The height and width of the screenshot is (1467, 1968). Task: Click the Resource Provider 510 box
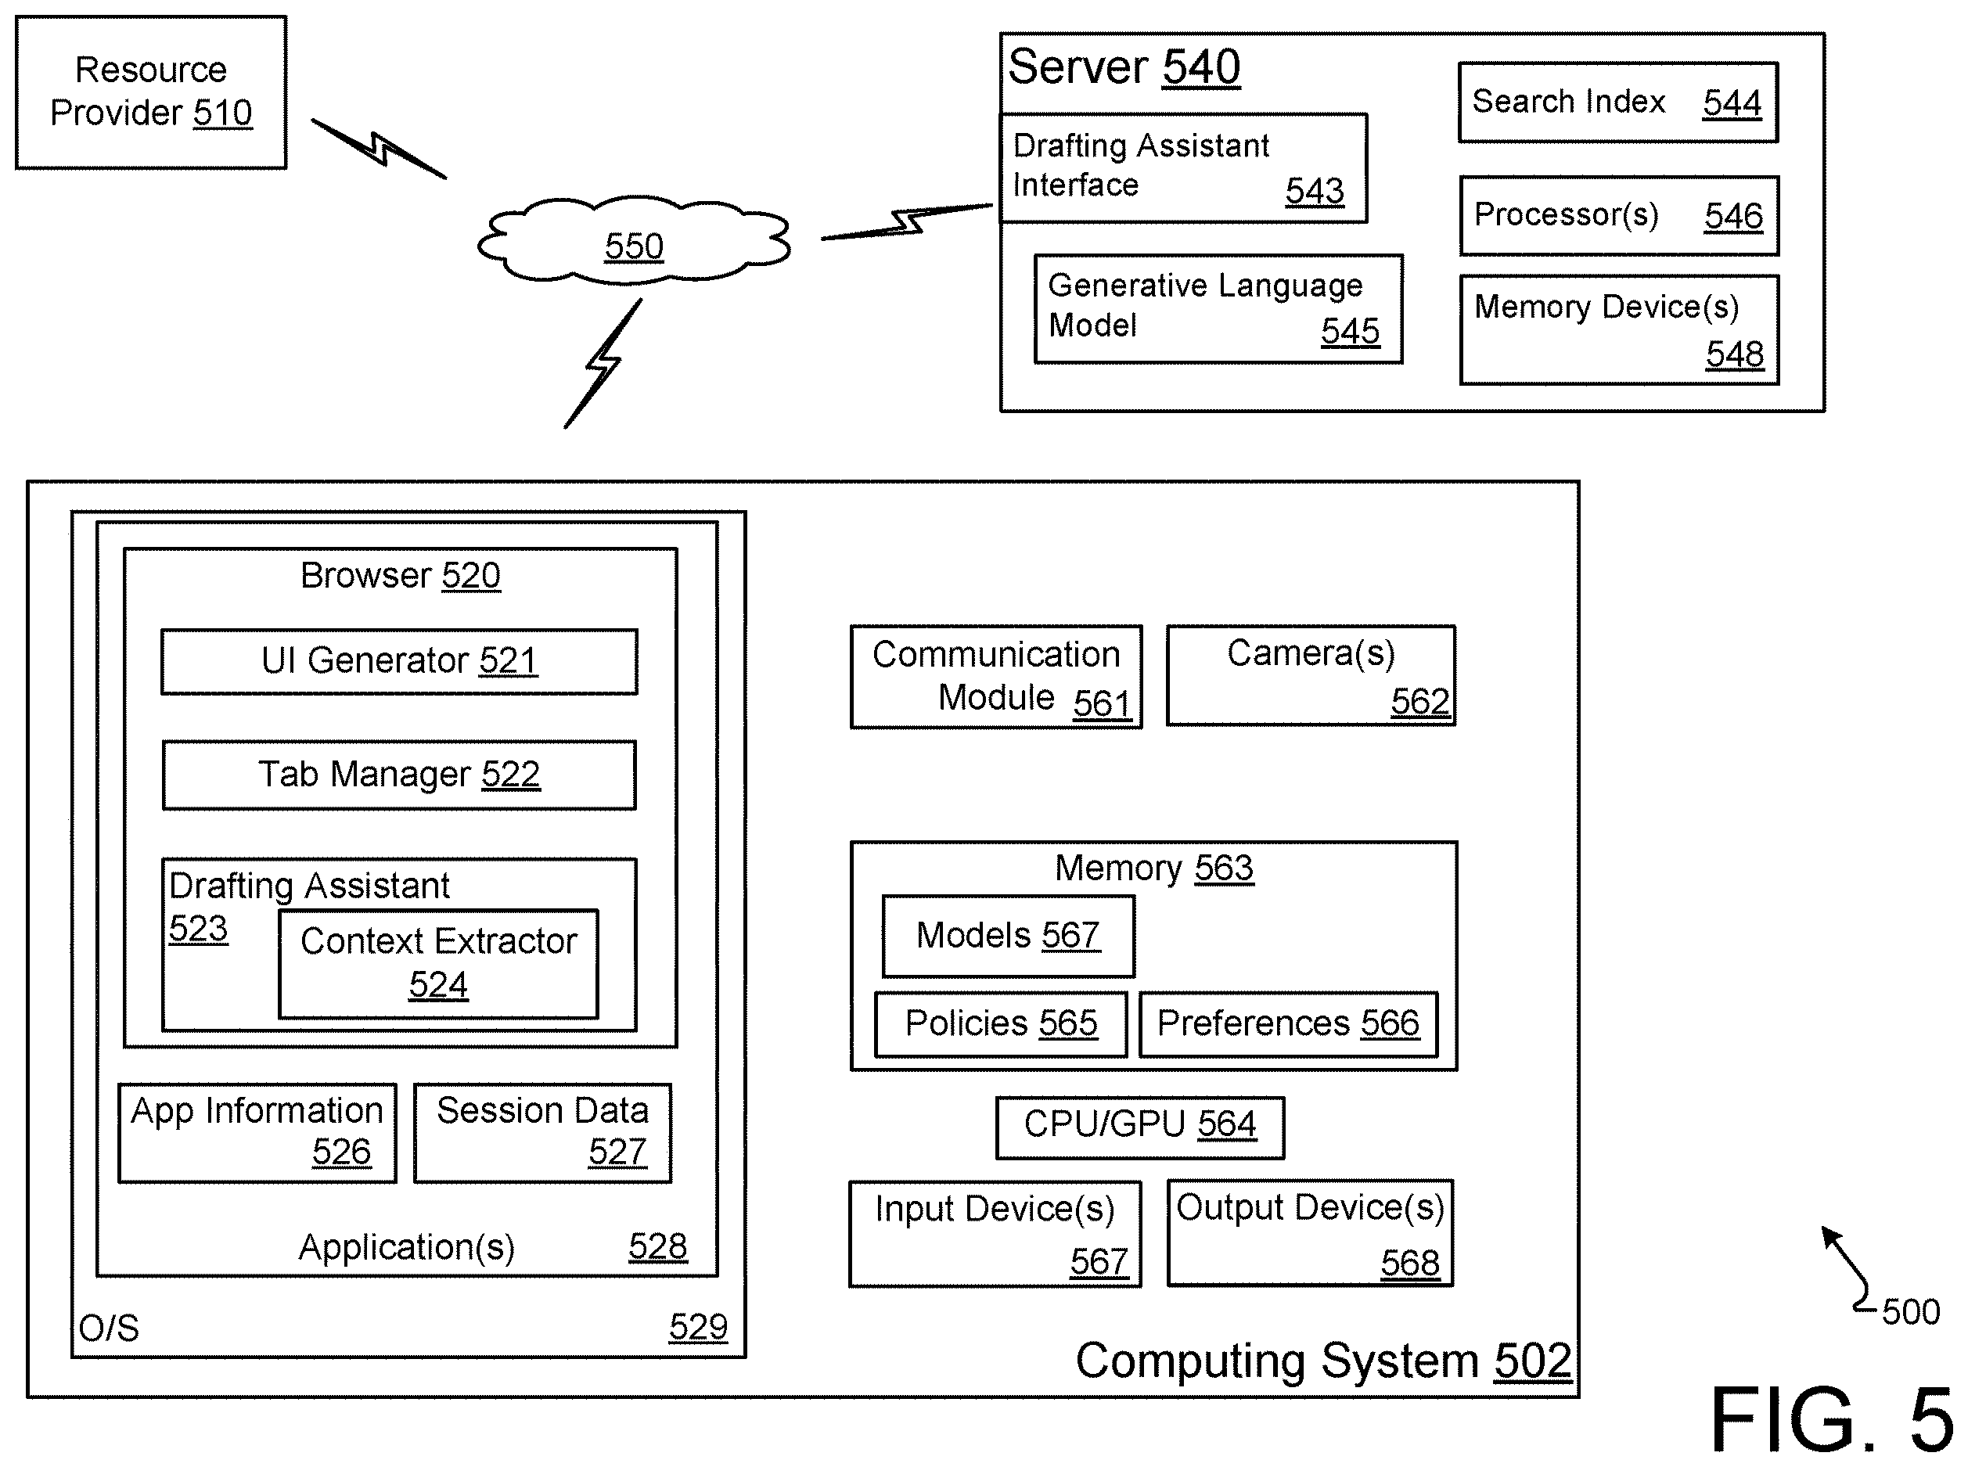(151, 92)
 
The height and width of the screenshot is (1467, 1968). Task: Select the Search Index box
(1618, 102)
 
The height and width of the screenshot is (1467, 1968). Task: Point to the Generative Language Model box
(1218, 309)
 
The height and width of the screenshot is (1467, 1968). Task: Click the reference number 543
(1315, 191)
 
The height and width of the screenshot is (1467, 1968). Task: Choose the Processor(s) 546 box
(1619, 216)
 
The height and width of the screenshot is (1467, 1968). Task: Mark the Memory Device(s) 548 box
(1619, 329)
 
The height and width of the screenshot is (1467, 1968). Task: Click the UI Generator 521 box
(399, 662)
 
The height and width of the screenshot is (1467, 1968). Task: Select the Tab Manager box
(399, 775)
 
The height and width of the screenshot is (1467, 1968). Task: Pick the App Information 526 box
(257, 1133)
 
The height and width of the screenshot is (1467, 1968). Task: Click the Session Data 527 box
(542, 1133)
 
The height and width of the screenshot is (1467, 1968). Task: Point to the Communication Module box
(996, 677)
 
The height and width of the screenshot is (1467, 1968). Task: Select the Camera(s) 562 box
(1311, 676)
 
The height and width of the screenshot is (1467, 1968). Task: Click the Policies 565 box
(1001, 1024)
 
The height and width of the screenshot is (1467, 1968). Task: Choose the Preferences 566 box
(1289, 1024)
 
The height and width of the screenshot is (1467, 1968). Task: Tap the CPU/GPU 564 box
(1140, 1127)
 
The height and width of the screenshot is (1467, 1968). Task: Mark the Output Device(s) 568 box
(1310, 1232)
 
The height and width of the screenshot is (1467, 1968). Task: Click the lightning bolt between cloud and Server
(907, 222)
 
